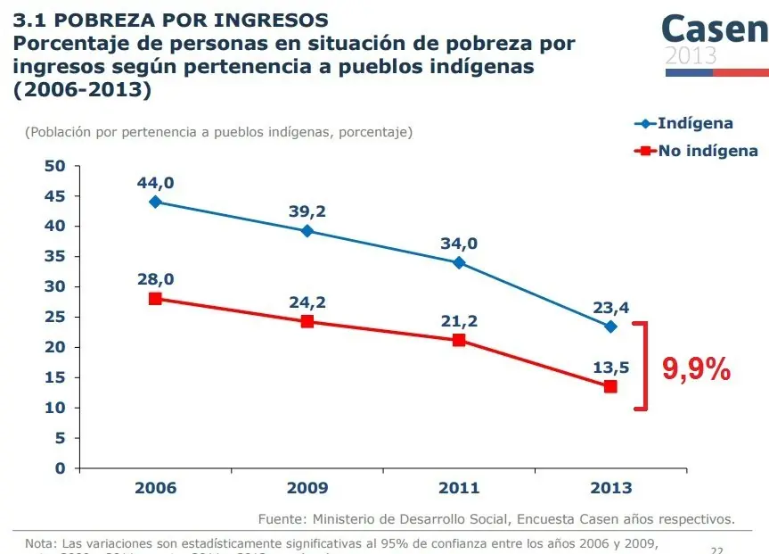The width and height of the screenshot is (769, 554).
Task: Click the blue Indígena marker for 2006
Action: [x=155, y=202]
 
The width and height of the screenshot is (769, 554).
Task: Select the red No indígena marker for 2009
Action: [x=307, y=321]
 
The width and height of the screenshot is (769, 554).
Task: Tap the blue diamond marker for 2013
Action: [x=610, y=327]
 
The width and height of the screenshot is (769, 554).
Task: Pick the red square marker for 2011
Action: [x=459, y=340]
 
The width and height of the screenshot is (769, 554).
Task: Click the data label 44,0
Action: [x=155, y=183]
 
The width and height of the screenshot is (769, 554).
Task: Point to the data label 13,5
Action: [x=610, y=367]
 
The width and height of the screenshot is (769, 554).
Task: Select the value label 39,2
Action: [x=307, y=211]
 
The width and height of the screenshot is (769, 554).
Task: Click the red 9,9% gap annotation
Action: [x=696, y=368]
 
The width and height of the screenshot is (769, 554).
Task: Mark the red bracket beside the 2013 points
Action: [x=643, y=366]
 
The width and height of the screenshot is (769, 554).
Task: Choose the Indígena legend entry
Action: [x=695, y=123]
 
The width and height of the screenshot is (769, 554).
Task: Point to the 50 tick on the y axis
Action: [x=55, y=166]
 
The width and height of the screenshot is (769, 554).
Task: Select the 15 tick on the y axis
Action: [x=55, y=377]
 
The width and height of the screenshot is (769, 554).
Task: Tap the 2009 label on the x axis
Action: [x=307, y=488]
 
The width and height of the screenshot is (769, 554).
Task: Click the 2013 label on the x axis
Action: [x=610, y=488]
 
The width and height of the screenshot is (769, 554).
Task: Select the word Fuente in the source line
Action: [x=281, y=518]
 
